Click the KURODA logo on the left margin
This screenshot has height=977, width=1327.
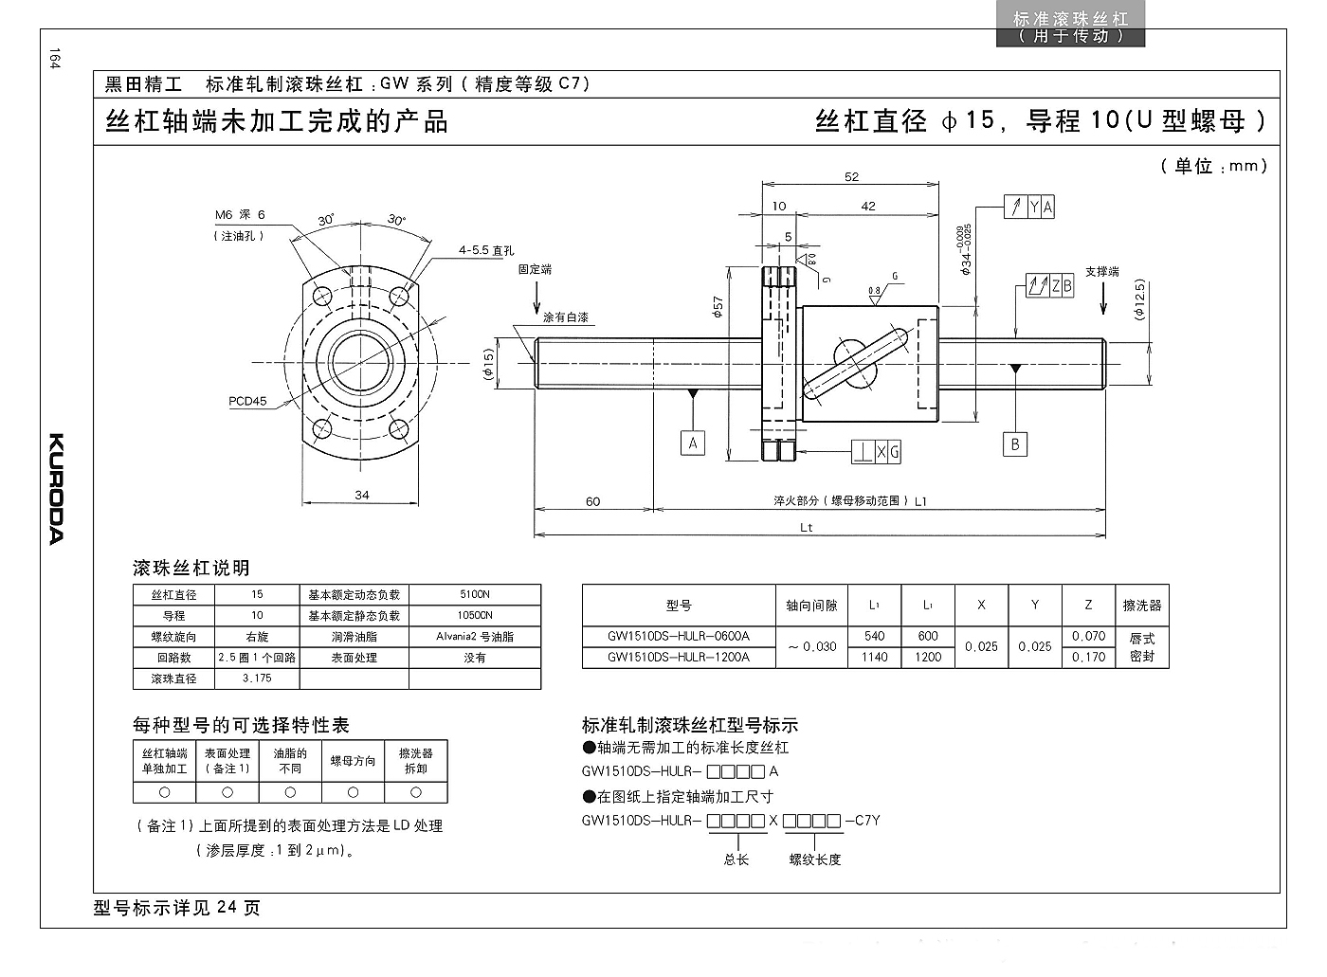(x=56, y=489)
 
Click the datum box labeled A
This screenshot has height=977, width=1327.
(x=693, y=443)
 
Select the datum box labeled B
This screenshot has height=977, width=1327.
(x=1015, y=443)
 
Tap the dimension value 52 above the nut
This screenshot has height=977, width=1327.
(x=851, y=176)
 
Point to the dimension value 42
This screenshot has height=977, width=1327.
(x=868, y=206)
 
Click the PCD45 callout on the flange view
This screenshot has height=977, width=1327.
(x=247, y=401)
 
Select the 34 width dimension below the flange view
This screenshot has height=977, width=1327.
(x=362, y=495)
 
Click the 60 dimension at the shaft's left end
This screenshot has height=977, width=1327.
(x=593, y=501)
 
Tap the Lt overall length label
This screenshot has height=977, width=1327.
(x=807, y=528)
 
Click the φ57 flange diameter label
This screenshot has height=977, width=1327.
(x=718, y=308)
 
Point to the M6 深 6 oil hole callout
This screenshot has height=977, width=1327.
(x=240, y=215)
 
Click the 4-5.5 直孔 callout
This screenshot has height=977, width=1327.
(x=486, y=250)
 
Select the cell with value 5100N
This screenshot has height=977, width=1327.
(x=475, y=594)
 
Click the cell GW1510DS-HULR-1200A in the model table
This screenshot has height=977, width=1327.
(x=679, y=657)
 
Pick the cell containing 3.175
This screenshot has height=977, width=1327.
(x=257, y=678)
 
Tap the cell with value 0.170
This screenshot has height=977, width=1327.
(x=1088, y=657)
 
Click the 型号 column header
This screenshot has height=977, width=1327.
(x=679, y=605)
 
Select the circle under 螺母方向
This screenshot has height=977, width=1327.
(x=353, y=791)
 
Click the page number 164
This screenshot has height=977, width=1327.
(x=55, y=59)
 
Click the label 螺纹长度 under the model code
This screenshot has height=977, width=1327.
(x=815, y=859)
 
